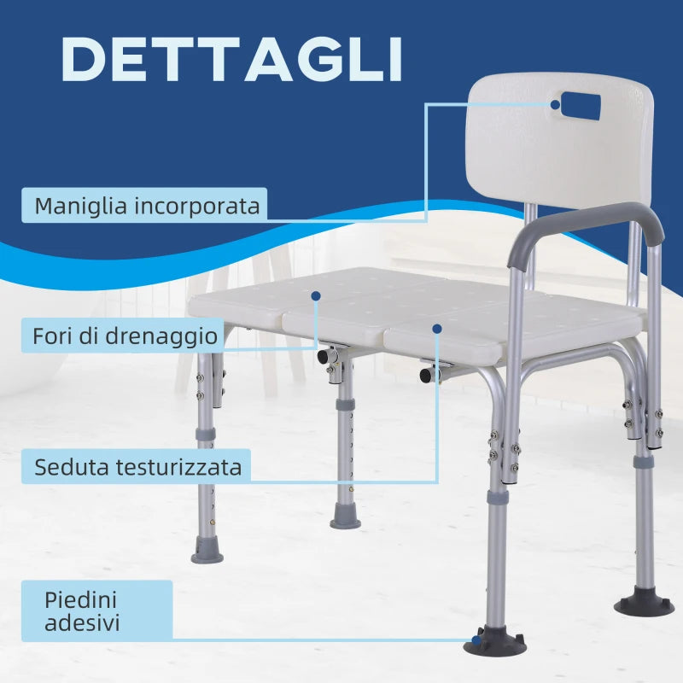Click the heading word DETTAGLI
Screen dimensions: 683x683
click(231, 59)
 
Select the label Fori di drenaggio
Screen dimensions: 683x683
click(125, 336)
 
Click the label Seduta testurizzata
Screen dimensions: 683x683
click(137, 467)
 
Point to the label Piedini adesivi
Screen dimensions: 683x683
click(83, 610)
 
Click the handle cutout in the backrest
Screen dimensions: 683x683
click(576, 107)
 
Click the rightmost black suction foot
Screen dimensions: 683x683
click(643, 603)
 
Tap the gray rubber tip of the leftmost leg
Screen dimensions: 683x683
click(207, 551)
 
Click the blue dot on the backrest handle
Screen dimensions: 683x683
click(556, 105)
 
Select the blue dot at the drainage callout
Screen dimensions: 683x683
click(316, 295)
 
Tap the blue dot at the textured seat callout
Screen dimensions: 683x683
click(437, 327)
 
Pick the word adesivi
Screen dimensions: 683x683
click(83, 623)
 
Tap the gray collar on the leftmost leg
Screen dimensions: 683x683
click(206, 435)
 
